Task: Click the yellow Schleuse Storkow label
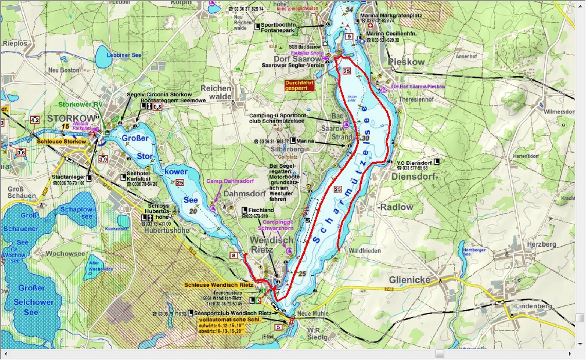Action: [x=62, y=141]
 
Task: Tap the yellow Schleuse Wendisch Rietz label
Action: [x=218, y=285]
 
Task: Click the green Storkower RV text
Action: [x=80, y=105]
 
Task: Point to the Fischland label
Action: [x=261, y=210]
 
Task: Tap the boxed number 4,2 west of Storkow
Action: [x=35, y=120]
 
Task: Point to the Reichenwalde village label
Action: [x=216, y=91]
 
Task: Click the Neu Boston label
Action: [x=63, y=70]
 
